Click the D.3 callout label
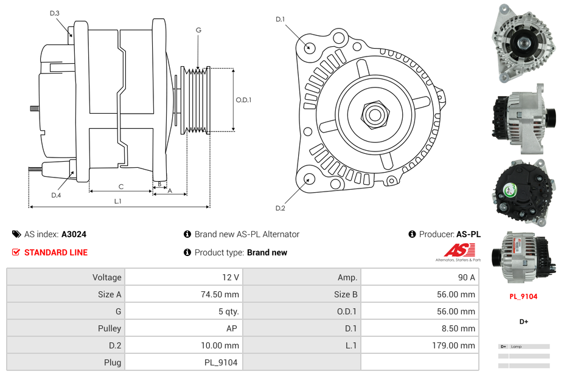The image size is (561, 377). point(55,13)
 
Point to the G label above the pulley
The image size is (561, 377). point(198,30)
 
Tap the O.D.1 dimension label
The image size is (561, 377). point(244,100)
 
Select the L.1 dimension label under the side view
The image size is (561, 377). point(118,201)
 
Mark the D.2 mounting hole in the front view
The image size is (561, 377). point(308,179)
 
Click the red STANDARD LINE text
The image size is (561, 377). point(56,252)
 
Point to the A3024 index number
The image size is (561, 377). point(74,234)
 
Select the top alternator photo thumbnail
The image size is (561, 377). point(523,43)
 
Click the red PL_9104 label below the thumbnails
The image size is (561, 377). point(523,297)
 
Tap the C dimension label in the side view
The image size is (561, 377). point(121,187)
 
